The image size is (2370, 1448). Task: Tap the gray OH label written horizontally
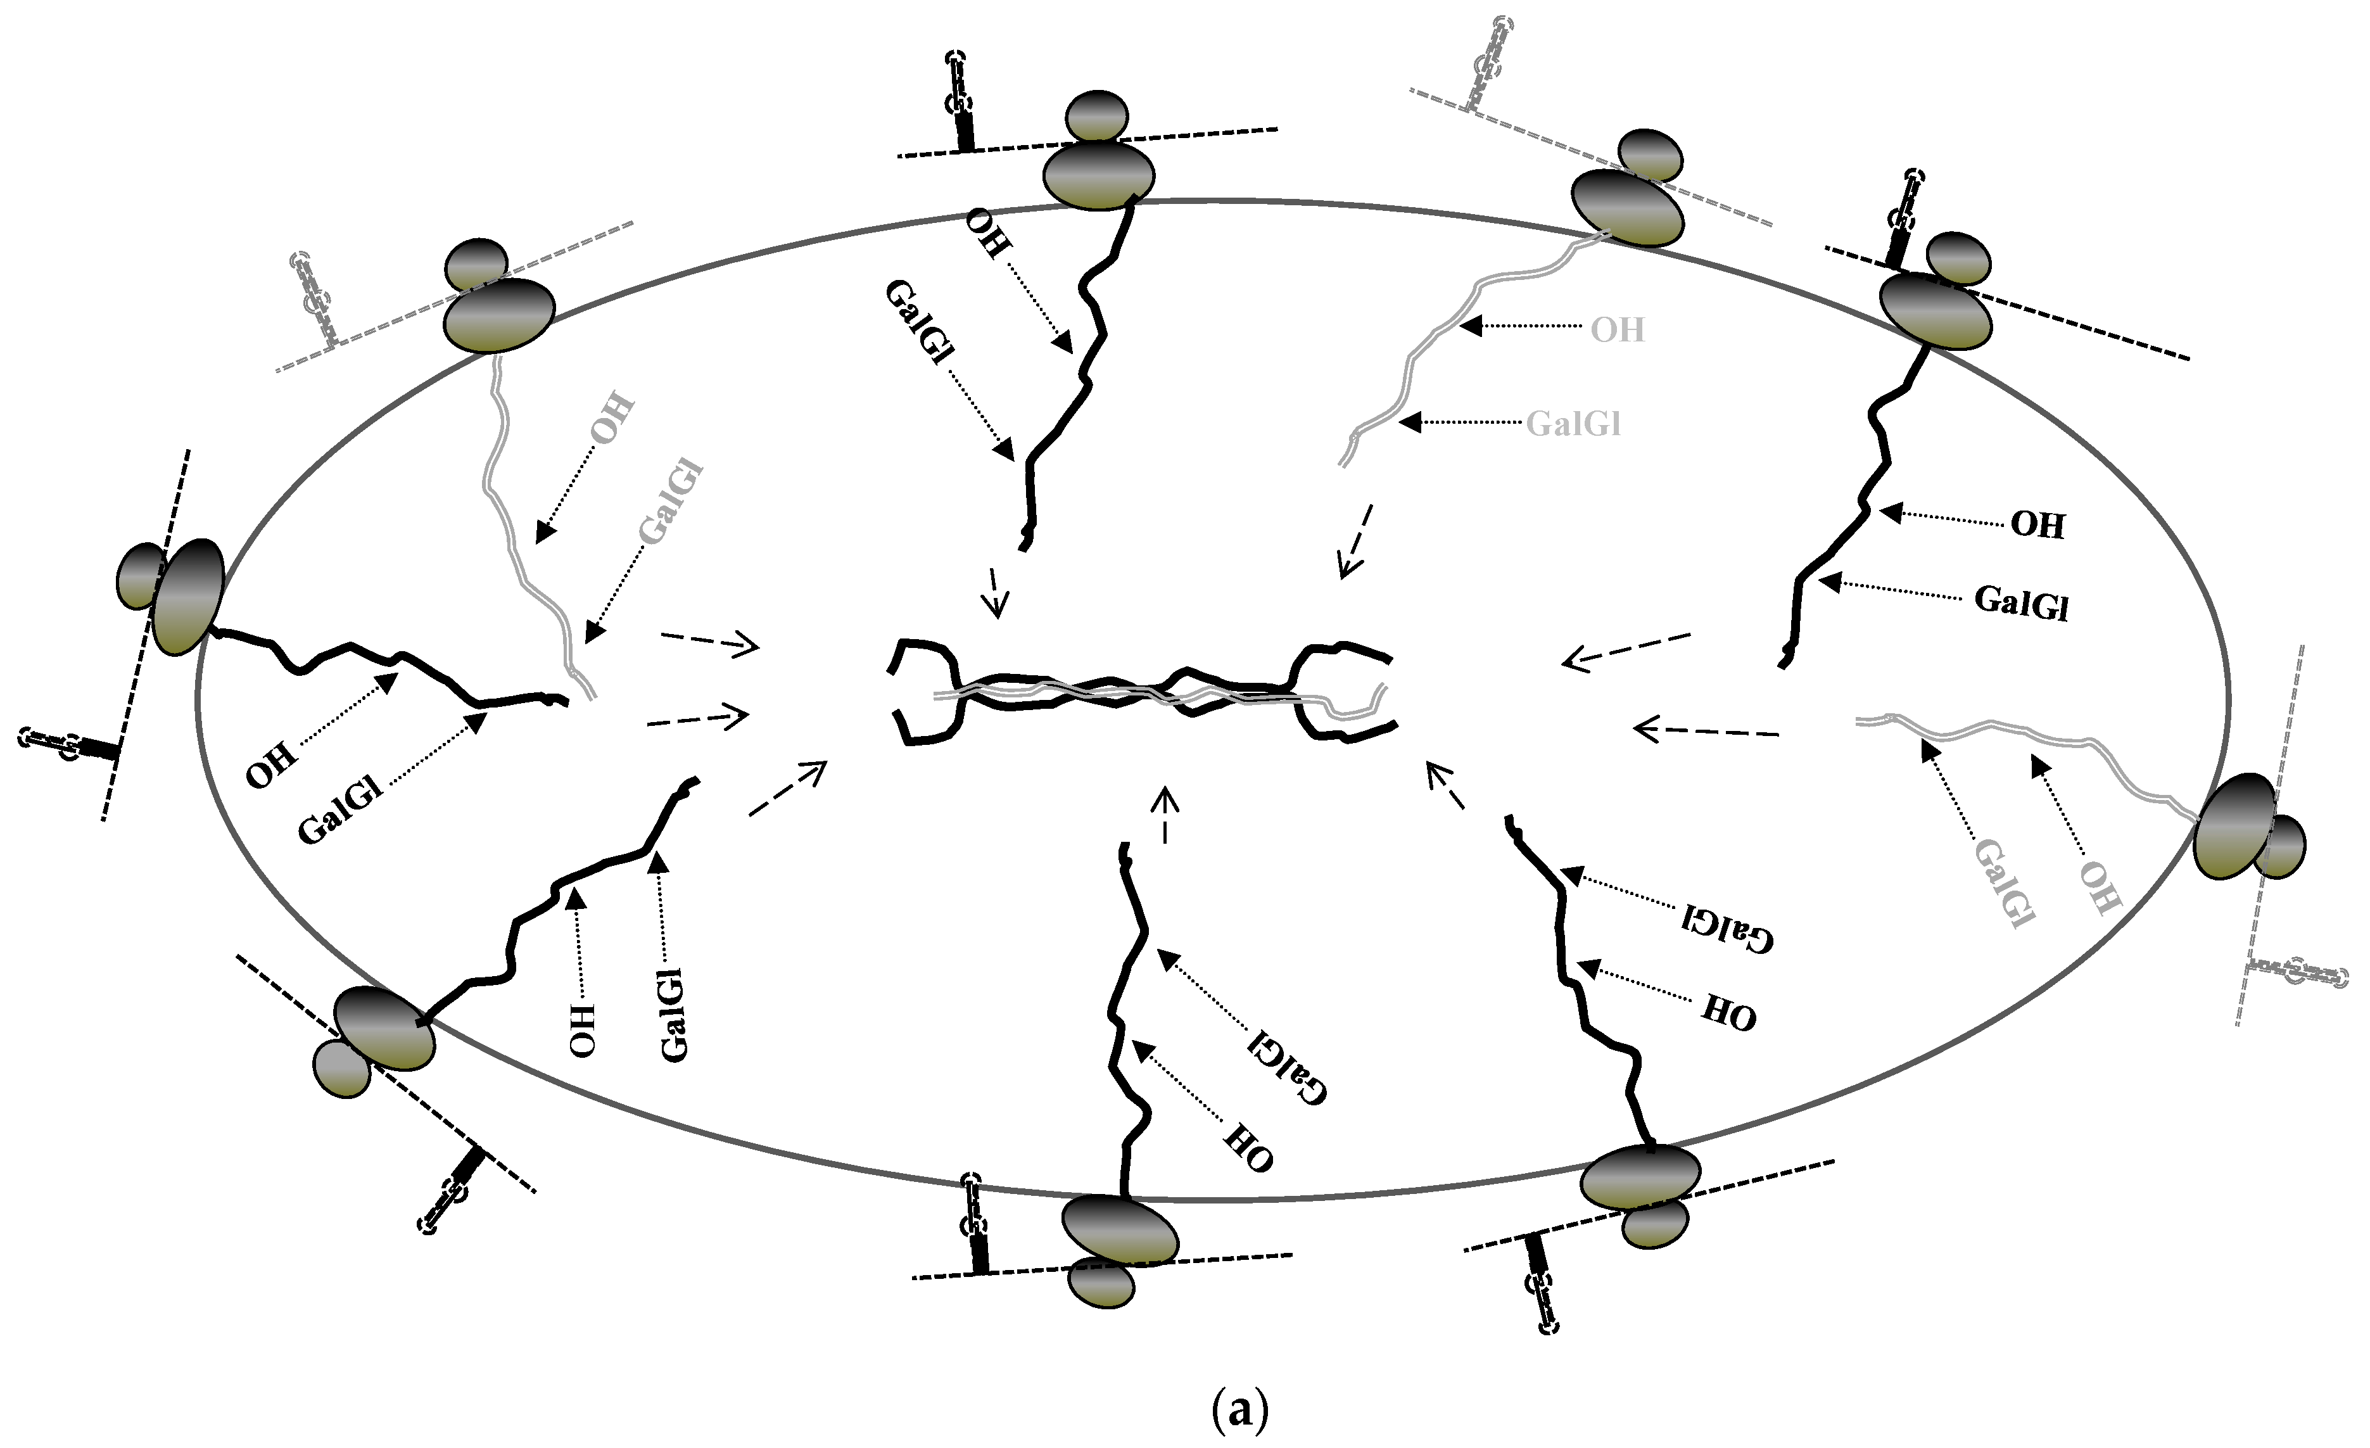1618,330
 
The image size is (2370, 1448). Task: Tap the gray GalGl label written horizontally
1574,423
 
